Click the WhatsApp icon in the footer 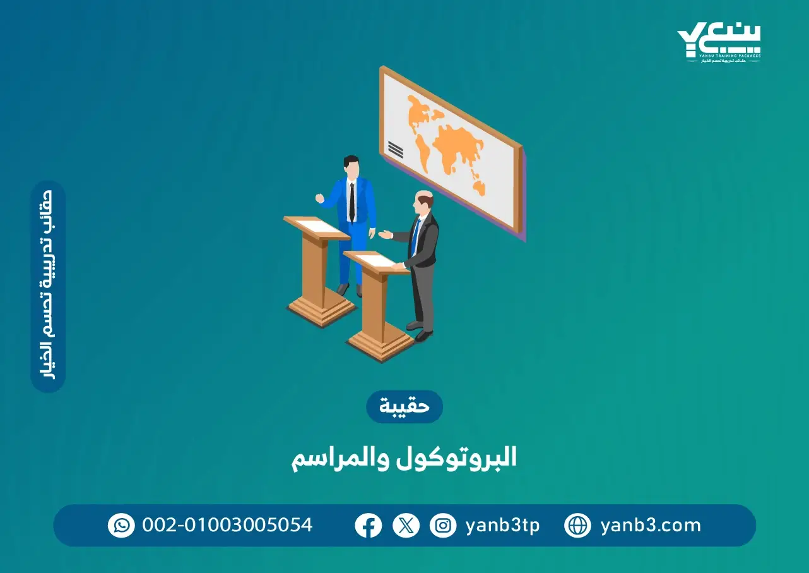click(121, 526)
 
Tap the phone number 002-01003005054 click(227, 526)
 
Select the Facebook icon click(368, 526)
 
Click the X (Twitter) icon click(406, 526)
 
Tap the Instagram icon click(443, 526)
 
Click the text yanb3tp click(502, 526)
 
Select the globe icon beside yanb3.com click(577, 526)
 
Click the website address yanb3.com click(650, 526)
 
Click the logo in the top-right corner click(719, 43)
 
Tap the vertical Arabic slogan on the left click(49, 287)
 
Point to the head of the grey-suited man click(424, 202)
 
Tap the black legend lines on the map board click(395, 150)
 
